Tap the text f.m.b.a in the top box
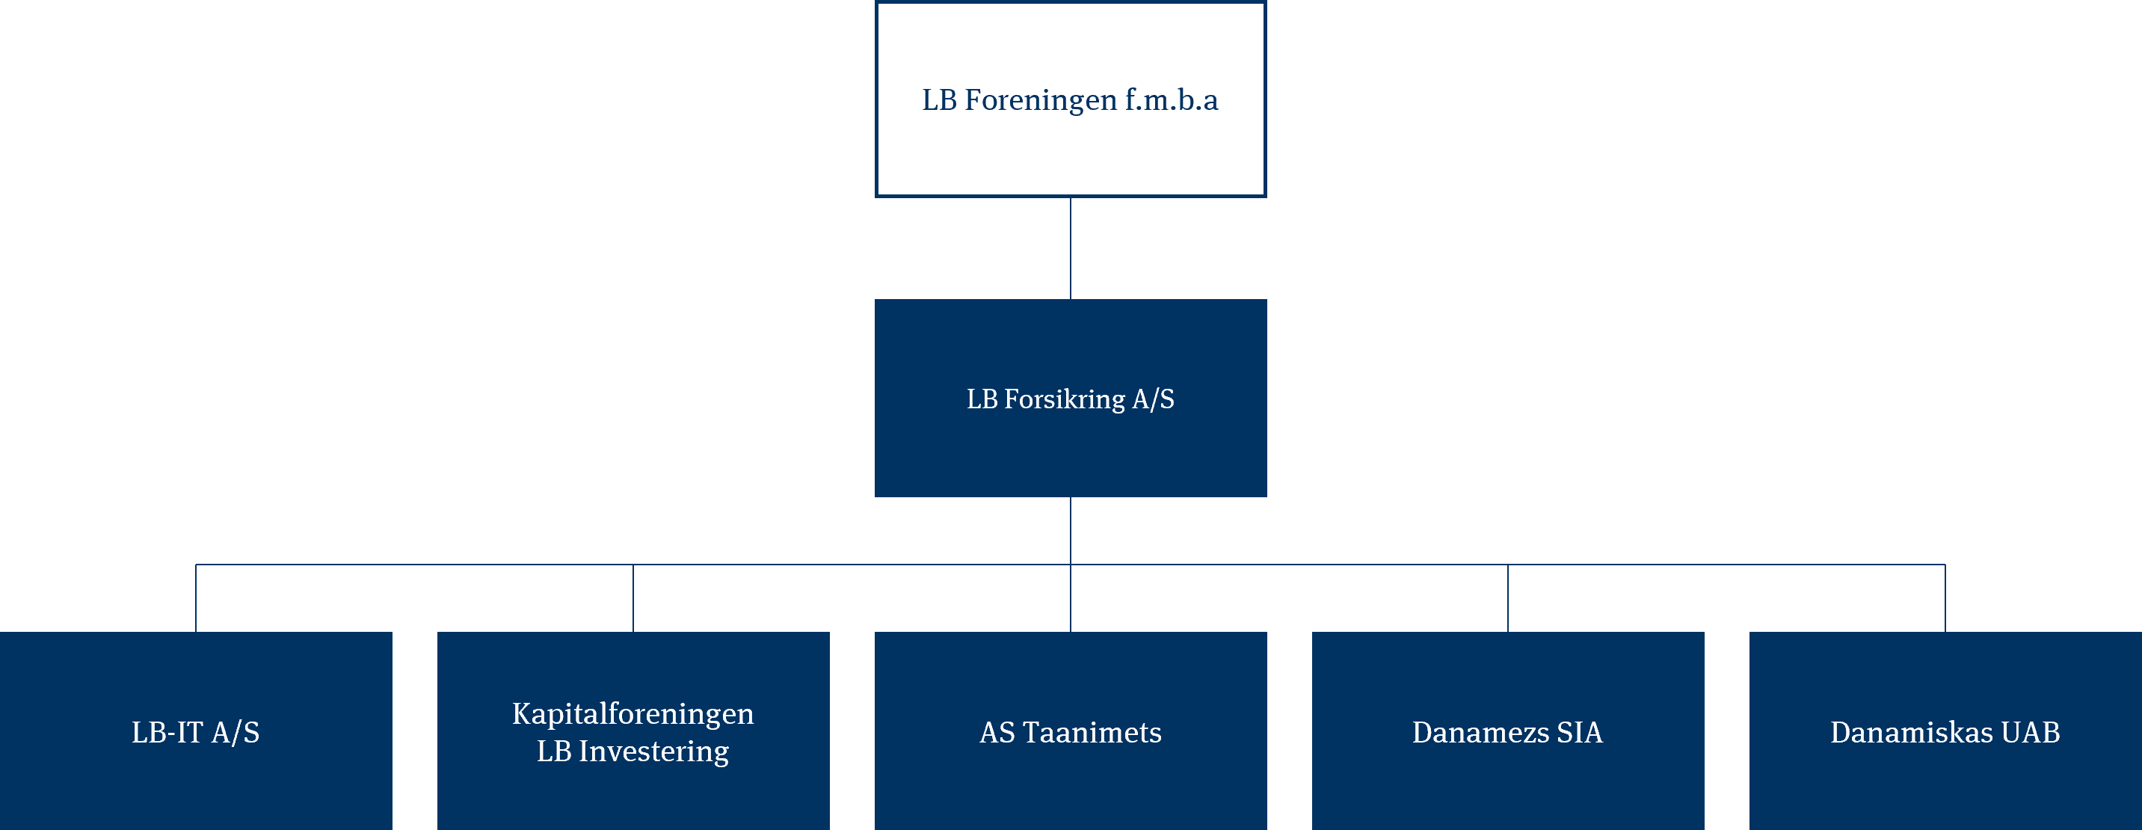1172,99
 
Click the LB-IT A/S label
195,733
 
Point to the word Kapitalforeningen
633,714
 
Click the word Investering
653,751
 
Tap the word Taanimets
1092,733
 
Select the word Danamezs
1480,733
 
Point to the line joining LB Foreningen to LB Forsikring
1070,248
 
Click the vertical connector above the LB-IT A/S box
196,598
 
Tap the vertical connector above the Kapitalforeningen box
633,598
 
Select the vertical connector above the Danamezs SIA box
1507,598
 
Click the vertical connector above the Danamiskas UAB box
1945,598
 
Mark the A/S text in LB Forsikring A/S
1154,400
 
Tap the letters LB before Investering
554,751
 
